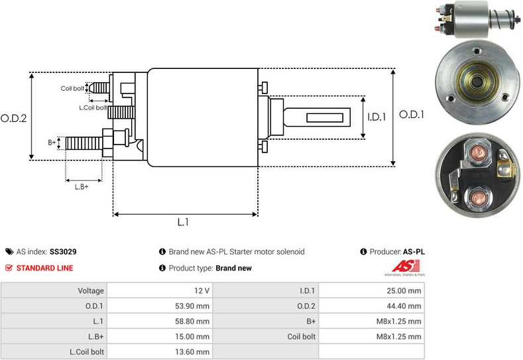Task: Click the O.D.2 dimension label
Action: pyautogui.click(x=14, y=119)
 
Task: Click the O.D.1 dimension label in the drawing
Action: pyautogui.click(x=412, y=115)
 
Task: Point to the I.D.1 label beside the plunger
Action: pyautogui.click(x=377, y=117)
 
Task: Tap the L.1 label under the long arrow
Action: pyautogui.click(x=183, y=222)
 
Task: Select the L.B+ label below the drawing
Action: pyautogui.click(x=82, y=187)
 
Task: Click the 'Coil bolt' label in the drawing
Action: pyautogui.click(x=72, y=88)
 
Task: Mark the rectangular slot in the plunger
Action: pyautogui.click(x=325, y=118)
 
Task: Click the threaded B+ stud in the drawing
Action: pyautogui.click(x=84, y=143)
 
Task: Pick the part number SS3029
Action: pyautogui.click(x=63, y=251)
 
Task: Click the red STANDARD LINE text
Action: pyautogui.click(x=44, y=268)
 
